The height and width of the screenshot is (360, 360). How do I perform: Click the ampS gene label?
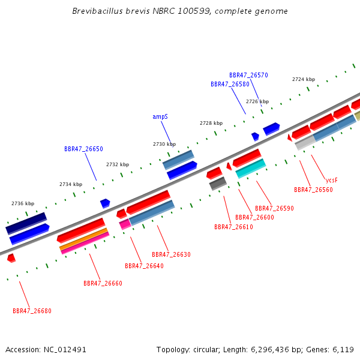coord(160,117)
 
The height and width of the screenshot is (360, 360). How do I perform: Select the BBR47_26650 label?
coord(83,149)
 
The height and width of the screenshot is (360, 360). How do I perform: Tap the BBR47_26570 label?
coord(248,76)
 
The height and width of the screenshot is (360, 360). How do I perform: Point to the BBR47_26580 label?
coord(230,84)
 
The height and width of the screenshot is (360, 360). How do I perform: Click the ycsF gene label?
coord(332,181)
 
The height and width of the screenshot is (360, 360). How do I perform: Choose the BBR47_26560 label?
coord(313,190)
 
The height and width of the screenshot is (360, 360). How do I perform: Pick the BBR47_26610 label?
coord(234,227)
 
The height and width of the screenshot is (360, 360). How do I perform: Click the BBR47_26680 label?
coord(32,311)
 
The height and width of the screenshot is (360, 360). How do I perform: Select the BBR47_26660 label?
coord(103,283)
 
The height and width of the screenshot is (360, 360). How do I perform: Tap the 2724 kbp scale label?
coord(304,79)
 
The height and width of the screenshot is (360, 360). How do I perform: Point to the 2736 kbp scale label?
coord(23,203)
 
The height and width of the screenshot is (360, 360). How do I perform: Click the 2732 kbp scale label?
coord(118,164)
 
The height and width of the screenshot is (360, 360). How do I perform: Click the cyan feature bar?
coord(251,168)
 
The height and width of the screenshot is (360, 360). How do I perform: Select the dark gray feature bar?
coord(218,184)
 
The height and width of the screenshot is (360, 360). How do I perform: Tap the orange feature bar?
coord(83,239)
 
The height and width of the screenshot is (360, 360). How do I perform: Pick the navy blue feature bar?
coord(26,223)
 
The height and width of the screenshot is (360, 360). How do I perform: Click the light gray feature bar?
coord(305,143)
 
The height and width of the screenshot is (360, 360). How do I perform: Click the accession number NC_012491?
coord(65,350)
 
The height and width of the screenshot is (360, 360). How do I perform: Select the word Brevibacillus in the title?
coord(98,11)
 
